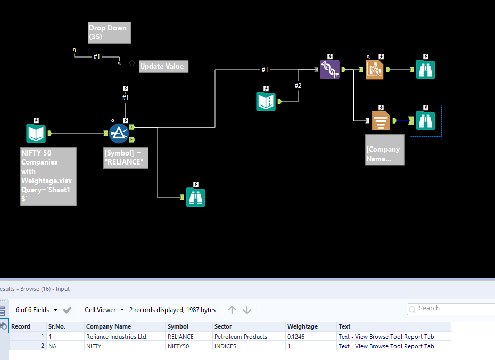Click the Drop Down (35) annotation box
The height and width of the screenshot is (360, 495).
click(x=110, y=32)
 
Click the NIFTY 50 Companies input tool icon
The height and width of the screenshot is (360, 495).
click(x=36, y=133)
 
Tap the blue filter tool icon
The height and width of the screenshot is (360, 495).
click(x=119, y=133)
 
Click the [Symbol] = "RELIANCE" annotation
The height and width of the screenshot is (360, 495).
click(x=126, y=158)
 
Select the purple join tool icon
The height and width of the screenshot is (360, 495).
click(x=329, y=69)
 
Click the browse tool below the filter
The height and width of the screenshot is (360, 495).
click(x=195, y=198)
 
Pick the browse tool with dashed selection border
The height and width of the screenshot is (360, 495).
click(x=425, y=121)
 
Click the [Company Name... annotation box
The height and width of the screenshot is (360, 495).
click(x=384, y=150)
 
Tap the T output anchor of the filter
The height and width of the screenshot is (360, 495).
click(x=131, y=127)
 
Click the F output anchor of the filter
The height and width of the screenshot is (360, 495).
click(x=131, y=140)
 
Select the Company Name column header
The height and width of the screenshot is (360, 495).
click(x=109, y=326)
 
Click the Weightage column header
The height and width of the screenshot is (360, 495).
click(x=302, y=326)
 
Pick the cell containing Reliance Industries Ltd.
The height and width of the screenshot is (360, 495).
click(x=117, y=337)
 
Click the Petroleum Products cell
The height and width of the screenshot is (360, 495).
click(x=241, y=337)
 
